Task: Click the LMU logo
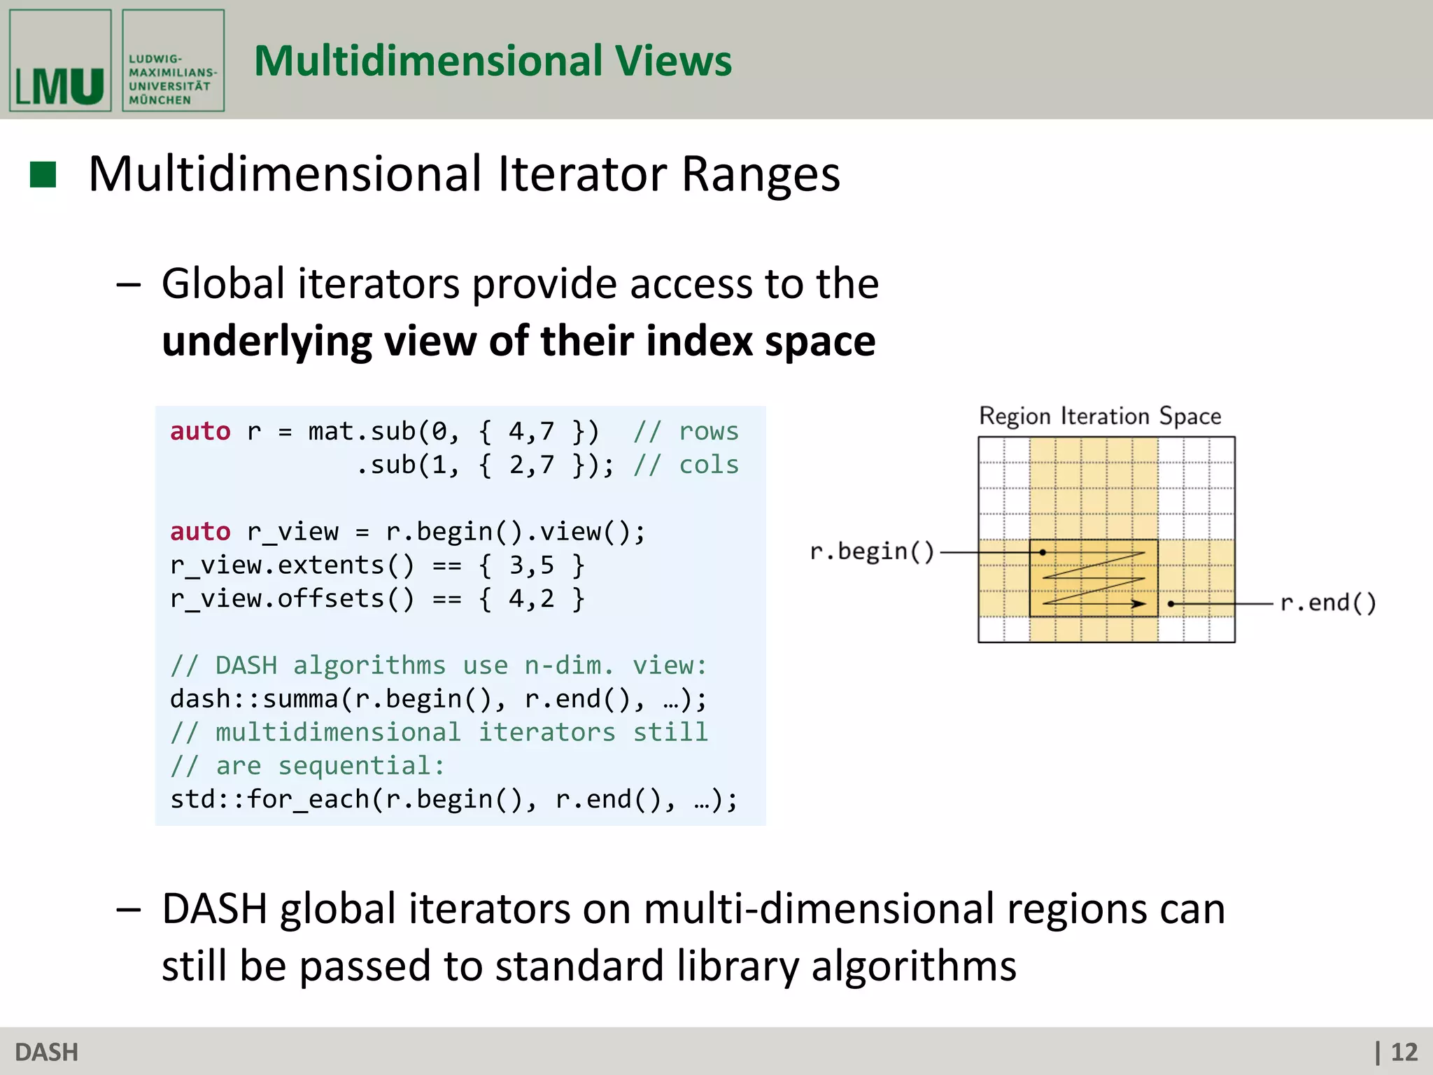click(60, 61)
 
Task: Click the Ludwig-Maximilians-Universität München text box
click(173, 61)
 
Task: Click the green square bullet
click(43, 175)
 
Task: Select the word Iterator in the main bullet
click(582, 174)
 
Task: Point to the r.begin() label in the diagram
click(872, 551)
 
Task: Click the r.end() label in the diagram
click(1327, 603)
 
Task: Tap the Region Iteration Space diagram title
click(1100, 416)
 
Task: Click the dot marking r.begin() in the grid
click(1043, 552)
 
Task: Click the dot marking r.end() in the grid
click(1171, 603)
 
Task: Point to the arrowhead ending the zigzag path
click(1140, 603)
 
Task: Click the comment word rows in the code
click(708, 431)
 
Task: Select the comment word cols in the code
click(708, 465)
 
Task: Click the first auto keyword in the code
click(200, 431)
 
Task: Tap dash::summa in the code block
click(255, 698)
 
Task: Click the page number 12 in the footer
click(1404, 1052)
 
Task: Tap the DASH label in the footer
click(47, 1052)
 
